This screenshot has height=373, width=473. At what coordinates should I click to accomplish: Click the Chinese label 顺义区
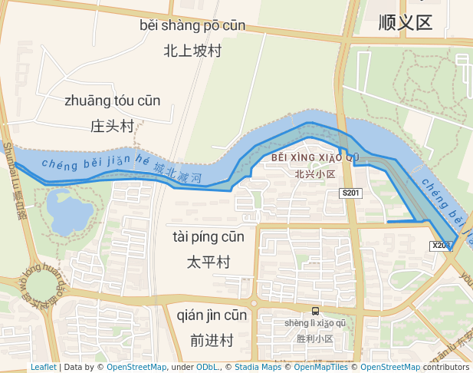(406, 23)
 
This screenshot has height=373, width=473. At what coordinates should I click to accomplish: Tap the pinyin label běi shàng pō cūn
(192, 25)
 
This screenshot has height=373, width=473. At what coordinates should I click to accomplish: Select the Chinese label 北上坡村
(192, 51)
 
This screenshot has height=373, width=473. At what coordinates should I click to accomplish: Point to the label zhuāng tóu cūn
(112, 101)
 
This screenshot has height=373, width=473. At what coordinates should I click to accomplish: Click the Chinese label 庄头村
(112, 126)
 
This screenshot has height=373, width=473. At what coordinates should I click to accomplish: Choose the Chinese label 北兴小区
(315, 174)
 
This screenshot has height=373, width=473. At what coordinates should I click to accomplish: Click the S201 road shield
(351, 193)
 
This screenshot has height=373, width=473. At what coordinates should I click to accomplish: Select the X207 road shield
(440, 246)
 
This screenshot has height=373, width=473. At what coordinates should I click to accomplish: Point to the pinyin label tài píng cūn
(208, 237)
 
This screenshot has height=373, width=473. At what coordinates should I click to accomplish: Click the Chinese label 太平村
(208, 262)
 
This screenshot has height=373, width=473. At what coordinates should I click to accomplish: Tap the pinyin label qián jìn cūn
(212, 315)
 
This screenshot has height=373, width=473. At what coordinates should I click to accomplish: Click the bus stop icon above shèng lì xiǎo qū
(315, 311)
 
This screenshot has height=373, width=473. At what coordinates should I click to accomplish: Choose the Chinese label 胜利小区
(315, 338)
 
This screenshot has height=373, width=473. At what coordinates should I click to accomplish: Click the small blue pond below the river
(68, 210)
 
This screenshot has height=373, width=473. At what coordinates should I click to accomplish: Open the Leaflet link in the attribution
(43, 368)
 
